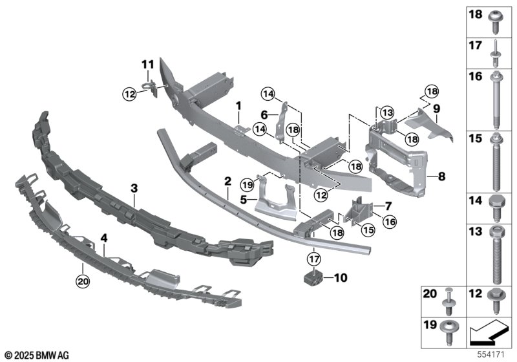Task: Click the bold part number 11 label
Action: [148, 65]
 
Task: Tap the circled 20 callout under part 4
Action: [83, 281]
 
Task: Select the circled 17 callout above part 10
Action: [314, 259]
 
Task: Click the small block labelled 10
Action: [313, 277]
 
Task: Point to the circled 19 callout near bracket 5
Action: [248, 185]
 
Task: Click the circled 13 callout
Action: [386, 113]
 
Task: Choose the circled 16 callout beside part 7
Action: [390, 222]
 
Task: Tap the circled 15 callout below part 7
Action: [368, 229]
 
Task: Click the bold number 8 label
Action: [442, 176]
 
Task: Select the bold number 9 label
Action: [437, 109]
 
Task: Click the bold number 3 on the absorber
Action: [134, 189]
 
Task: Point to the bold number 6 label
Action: [264, 116]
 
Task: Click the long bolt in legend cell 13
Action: [496, 255]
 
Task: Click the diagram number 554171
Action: [491, 355]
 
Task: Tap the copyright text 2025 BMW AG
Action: [37, 356]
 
